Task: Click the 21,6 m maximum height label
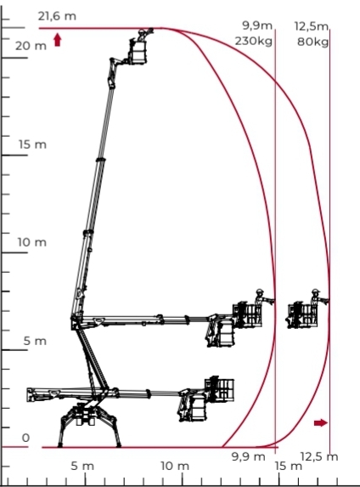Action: (57, 16)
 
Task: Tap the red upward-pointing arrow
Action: (58, 40)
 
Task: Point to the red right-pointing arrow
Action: (321, 422)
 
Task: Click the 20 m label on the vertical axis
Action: (31, 46)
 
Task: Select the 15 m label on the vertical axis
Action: (32, 144)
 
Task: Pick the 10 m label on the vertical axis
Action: (31, 242)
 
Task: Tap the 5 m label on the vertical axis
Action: (35, 341)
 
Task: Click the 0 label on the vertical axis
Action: (25, 438)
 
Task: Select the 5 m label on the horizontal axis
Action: (82, 466)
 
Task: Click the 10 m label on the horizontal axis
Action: (175, 466)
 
